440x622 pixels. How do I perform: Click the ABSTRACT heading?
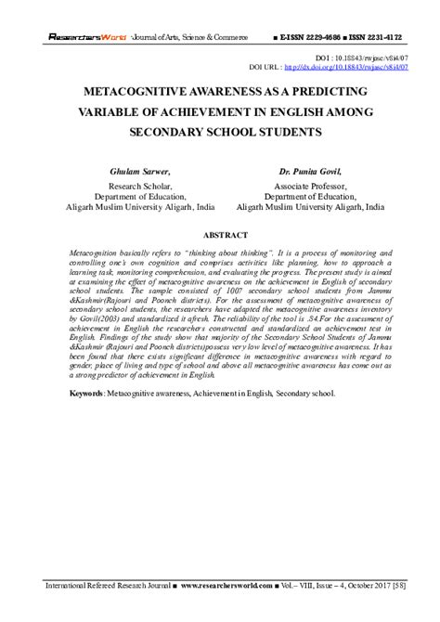click(x=220, y=236)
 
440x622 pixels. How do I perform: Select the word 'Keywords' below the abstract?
click(x=86, y=419)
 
